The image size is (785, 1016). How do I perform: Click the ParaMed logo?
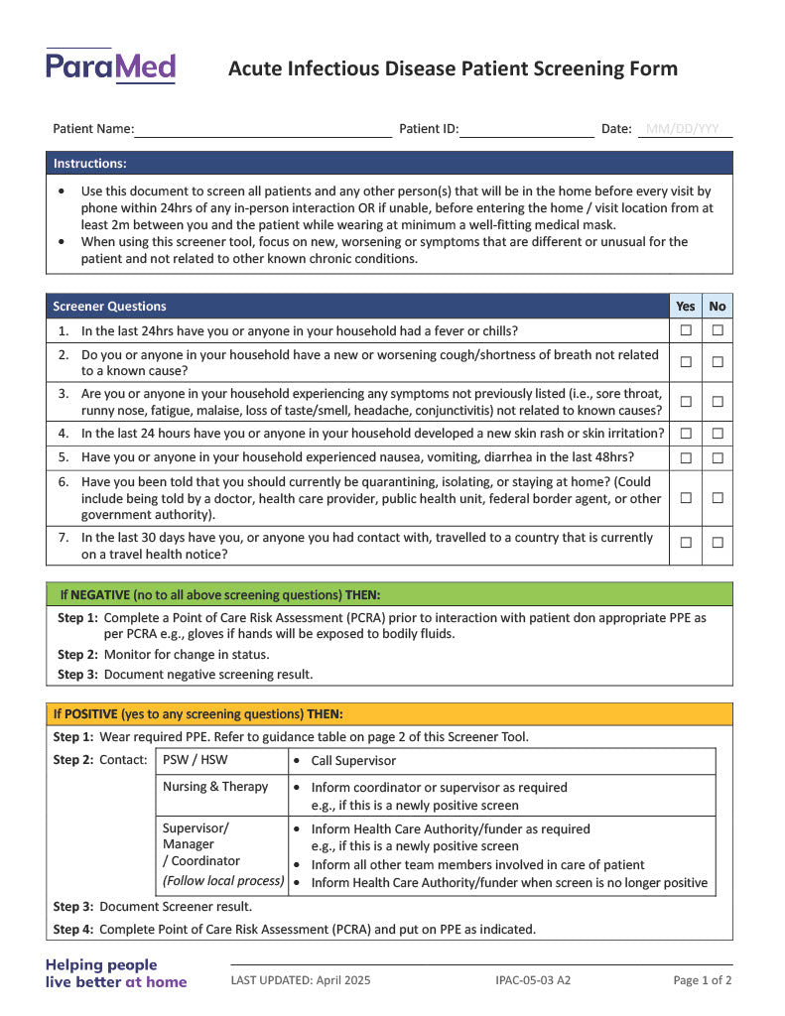coord(110,66)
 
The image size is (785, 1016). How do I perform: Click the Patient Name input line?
coord(263,129)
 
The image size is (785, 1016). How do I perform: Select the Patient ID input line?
coord(526,129)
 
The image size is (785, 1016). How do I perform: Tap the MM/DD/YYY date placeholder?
coord(683,129)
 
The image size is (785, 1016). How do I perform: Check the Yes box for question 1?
coord(686,330)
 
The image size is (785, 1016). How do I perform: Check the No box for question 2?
coord(718,362)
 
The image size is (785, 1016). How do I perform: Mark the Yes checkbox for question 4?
coord(686,434)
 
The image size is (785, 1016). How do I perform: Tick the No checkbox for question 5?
coord(718,457)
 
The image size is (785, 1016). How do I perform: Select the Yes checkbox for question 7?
coord(686,543)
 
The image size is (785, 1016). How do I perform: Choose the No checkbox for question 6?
coord(718,498)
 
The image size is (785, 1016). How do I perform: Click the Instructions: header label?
coord(89,164)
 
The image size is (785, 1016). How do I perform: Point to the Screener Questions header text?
coord(109,307)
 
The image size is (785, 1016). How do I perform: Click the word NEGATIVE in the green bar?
coord(100,595)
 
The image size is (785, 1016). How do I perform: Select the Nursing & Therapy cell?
coord(215,787)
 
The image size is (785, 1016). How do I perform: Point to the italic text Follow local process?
coord(223,881)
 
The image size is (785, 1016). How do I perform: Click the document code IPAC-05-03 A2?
coord(533,980)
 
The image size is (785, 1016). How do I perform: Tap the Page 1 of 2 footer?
coord(703,980)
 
